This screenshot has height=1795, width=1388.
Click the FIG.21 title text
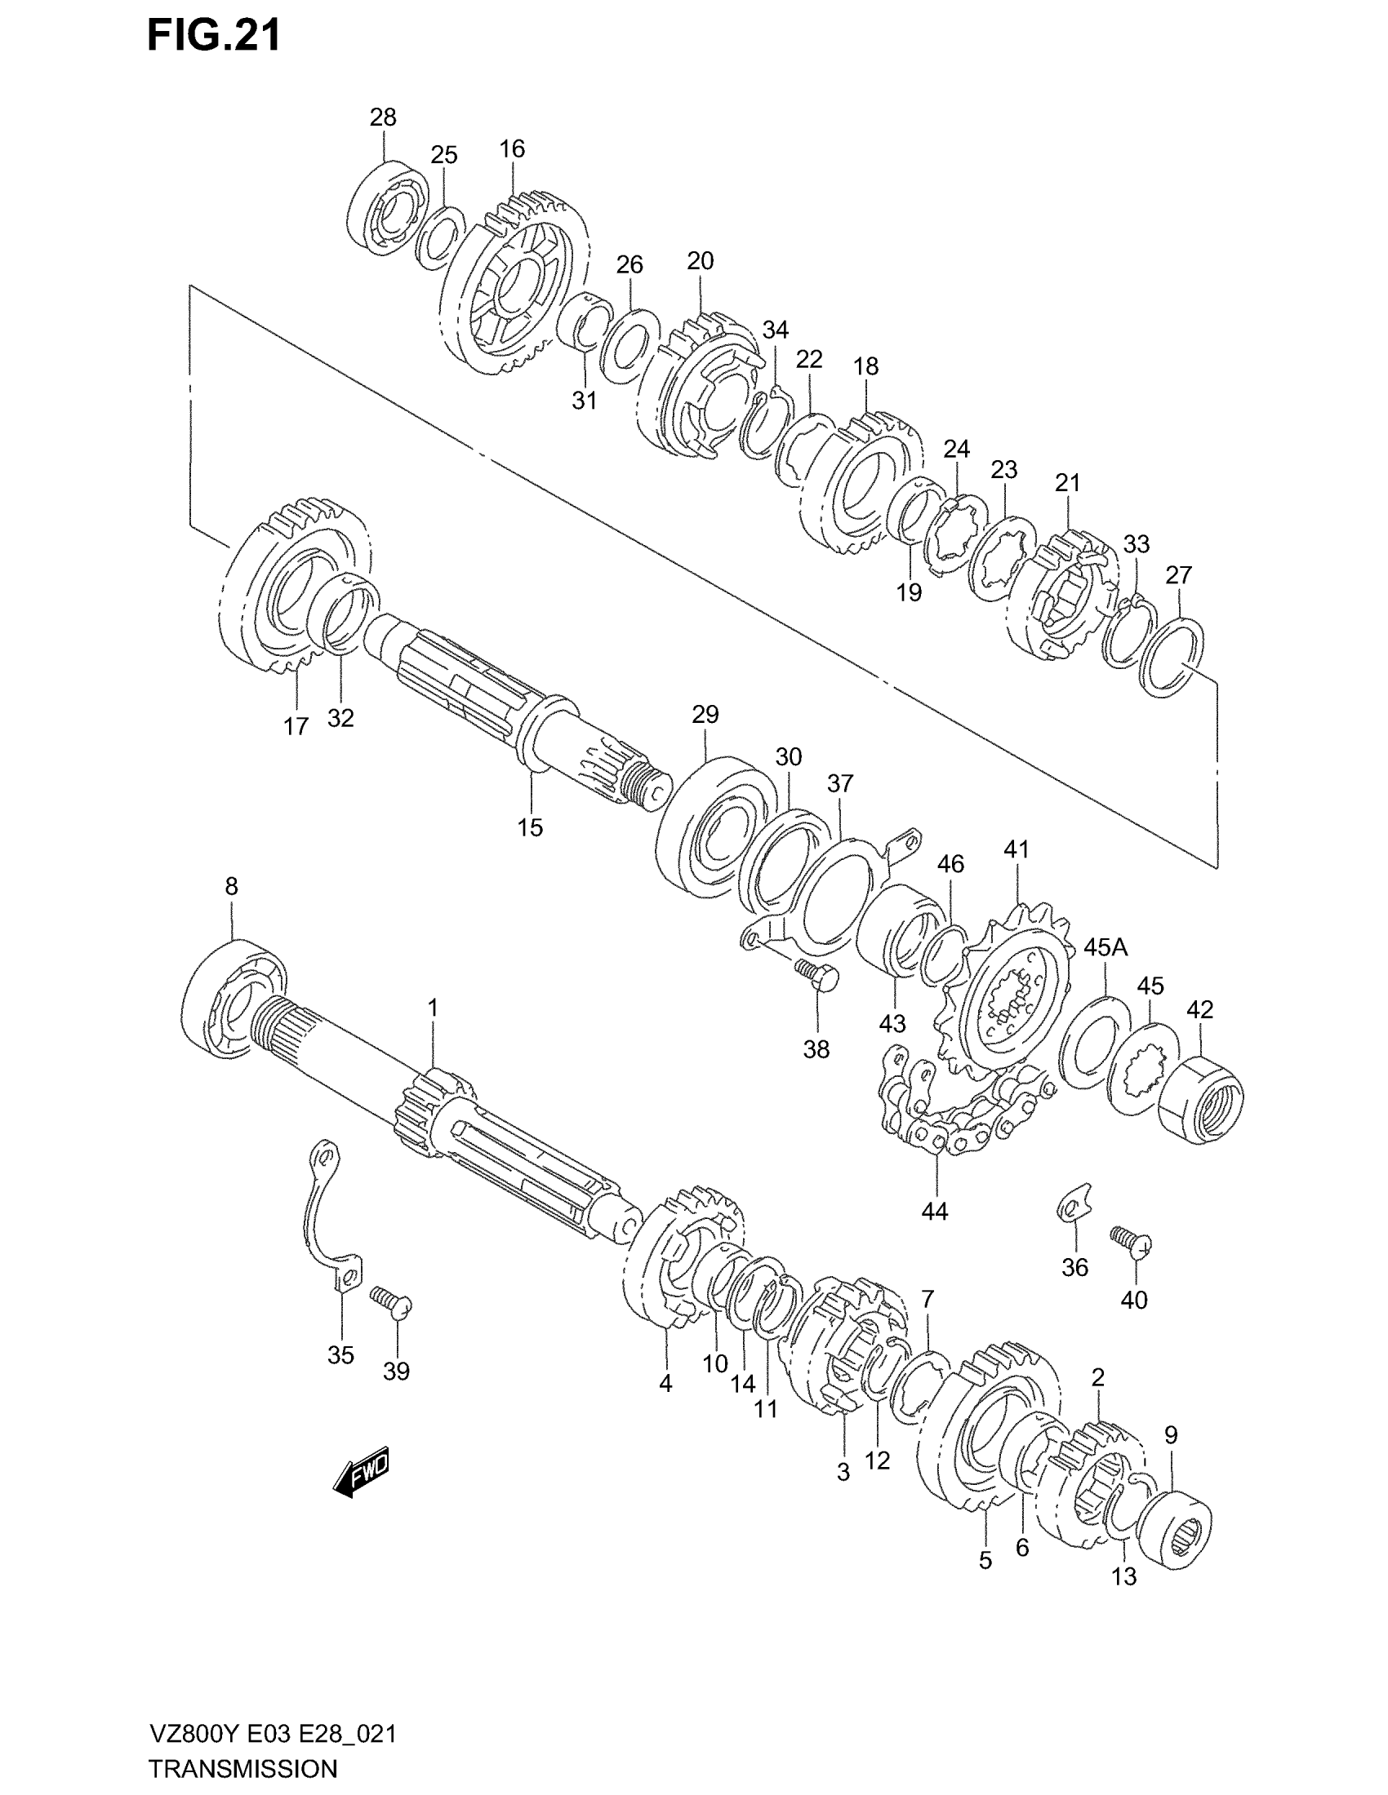[214, 36]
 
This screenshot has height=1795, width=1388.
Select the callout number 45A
[1106, 947]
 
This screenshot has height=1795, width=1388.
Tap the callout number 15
[531, 827]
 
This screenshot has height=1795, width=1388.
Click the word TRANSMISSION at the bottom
[243, 1768]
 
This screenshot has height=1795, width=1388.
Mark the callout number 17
[296, 725]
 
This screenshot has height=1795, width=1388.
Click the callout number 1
[433, 1008]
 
